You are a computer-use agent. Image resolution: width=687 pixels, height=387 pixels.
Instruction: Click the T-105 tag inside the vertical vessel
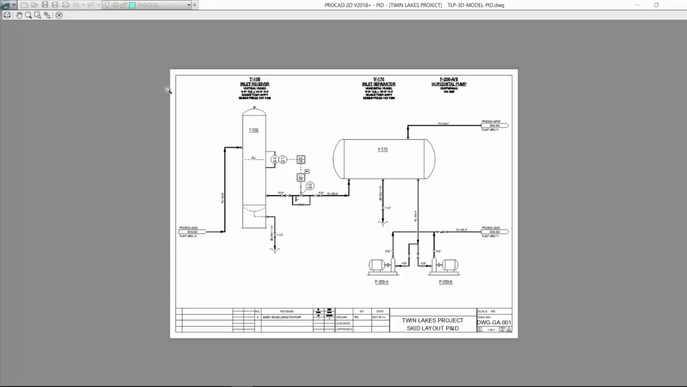[x=253, y=130]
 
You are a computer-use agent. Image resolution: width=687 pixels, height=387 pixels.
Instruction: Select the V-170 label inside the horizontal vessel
[x=382, y=149]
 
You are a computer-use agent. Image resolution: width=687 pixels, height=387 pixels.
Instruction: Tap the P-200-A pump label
[x=382, y=282]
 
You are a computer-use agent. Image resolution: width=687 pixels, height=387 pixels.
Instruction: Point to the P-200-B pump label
[x=445, y=282]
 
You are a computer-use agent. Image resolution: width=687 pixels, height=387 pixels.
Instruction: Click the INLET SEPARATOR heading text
[x=379, y=84]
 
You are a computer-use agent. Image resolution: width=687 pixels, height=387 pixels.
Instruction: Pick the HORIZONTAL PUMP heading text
[x=449, y=84]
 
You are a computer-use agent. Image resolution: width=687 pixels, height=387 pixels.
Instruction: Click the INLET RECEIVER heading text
[x=255, y=84]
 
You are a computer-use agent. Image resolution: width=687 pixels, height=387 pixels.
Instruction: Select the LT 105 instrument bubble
[x=283, y=159]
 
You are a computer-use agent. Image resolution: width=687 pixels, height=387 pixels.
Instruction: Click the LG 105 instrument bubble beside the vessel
[x=274, y=159]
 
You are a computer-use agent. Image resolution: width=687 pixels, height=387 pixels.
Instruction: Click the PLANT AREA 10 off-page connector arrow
[x=192, y=232]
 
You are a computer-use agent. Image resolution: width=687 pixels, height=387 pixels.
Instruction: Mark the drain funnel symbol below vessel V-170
[x=383, y=221]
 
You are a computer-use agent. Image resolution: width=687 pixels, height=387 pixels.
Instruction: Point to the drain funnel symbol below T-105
[x=275, y=249]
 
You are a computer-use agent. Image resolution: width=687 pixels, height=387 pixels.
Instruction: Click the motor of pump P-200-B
[x=449, y=265]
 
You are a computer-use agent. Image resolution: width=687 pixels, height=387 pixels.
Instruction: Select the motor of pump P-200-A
[x=376, y=265]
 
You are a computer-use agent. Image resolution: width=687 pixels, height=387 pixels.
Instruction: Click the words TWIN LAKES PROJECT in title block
[x=433, y=320]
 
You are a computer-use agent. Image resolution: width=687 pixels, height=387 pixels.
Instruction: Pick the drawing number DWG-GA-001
[x=494, y=322]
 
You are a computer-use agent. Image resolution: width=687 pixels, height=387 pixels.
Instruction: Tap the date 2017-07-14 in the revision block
[x=380, y=317]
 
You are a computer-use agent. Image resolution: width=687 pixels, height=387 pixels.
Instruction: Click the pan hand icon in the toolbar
[x=19, y=15]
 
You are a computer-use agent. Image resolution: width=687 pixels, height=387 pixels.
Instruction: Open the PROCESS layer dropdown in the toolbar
[x=188, y=5]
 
